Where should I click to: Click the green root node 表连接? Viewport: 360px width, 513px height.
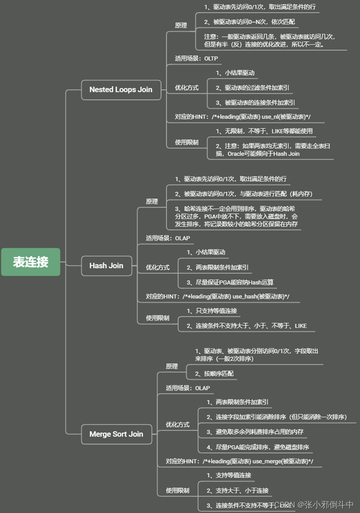[31, 262]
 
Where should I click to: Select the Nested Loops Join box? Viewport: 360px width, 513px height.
[121, 90]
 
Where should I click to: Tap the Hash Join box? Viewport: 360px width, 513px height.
[106, 266]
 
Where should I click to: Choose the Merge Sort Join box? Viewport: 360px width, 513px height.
[116, 434]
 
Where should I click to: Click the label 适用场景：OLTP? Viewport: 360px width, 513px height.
[196, 59]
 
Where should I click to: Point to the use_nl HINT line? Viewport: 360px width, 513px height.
[243, 117]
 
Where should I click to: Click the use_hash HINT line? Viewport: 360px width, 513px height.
[218, 296]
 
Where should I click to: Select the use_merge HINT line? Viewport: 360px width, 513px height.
[239, 461]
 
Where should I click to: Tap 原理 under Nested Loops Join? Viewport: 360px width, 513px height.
[181, 25]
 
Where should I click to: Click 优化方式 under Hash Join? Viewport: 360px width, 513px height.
[158, 268]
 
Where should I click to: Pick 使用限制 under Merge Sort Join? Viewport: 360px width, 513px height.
[178, 491]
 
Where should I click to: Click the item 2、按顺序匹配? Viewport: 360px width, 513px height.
[214, 374]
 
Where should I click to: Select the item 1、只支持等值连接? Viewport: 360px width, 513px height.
[212, 311]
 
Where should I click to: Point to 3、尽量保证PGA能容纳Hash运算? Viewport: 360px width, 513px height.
[230, 282]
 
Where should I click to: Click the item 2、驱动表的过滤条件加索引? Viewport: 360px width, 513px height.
[253, 88]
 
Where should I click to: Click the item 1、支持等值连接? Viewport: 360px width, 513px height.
[229, 475]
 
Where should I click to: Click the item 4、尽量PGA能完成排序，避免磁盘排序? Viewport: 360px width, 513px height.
[258, 447]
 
